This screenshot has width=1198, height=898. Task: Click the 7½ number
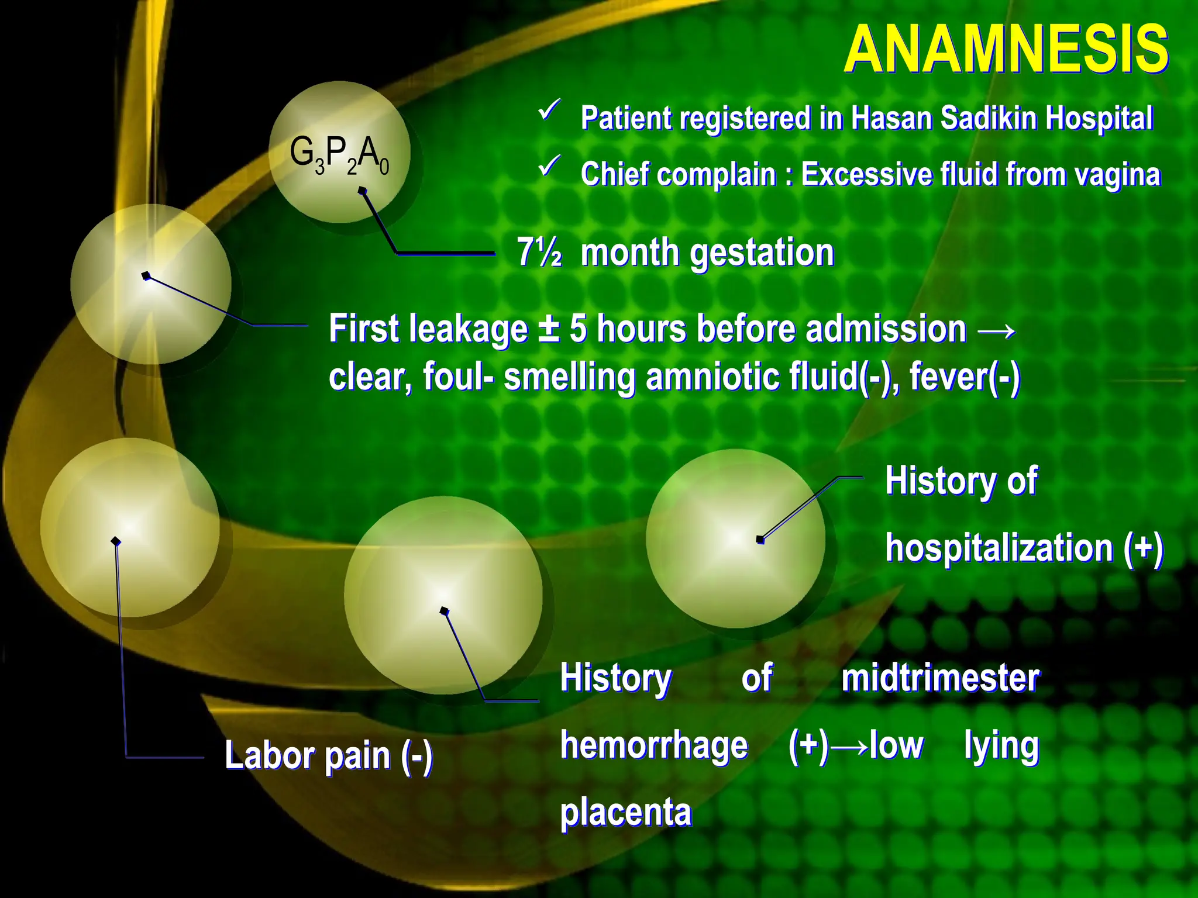[x=539, y=253]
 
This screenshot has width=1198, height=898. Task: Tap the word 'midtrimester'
[x=940, y=678]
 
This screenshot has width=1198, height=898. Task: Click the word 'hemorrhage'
[x=654, y=745]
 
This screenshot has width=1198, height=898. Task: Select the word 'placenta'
[x=626, y=813]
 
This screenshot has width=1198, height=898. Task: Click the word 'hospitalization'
[x=1000, y=548]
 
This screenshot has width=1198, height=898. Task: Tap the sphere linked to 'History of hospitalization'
[x=735, y=538]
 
